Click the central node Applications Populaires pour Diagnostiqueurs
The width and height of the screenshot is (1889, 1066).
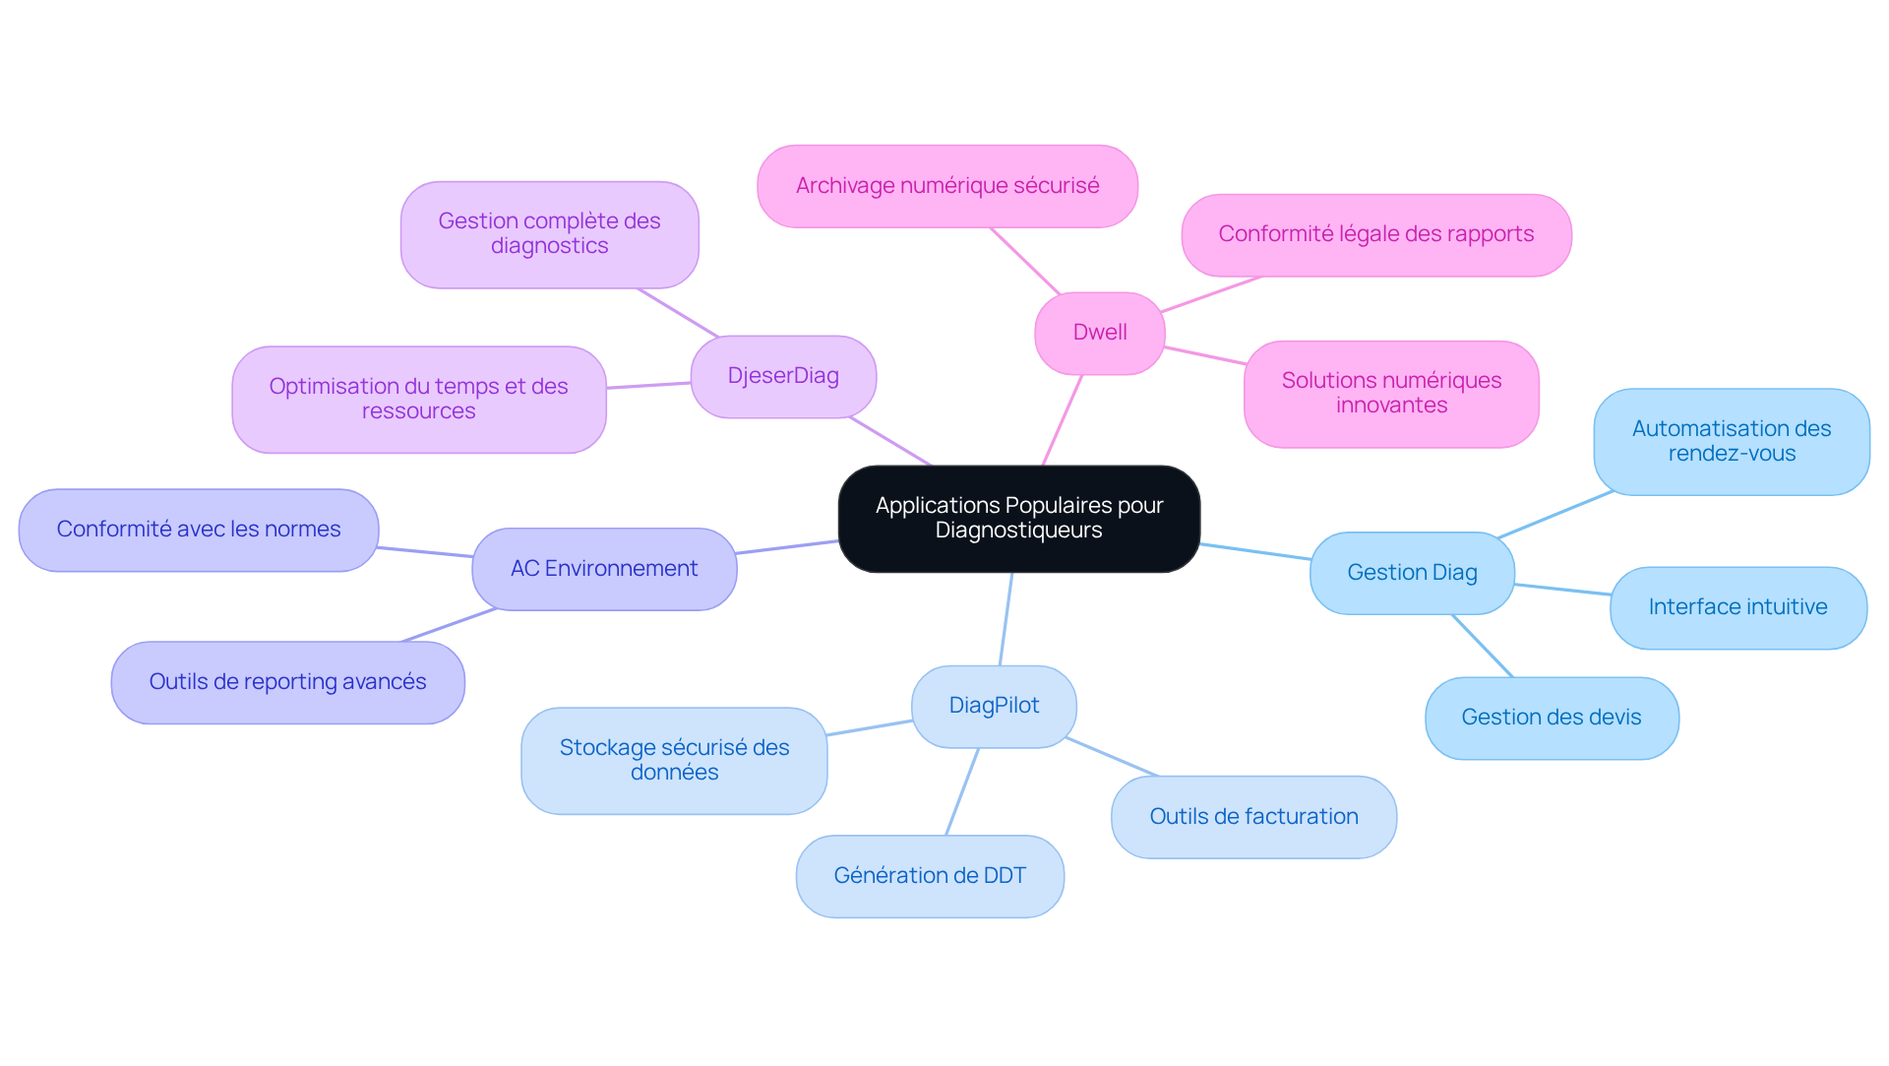tap(1018, 519)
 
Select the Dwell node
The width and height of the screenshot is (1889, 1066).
tap(1100, 333)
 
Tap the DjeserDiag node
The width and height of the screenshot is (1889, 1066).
tap(783, 376)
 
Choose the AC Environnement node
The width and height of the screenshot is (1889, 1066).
tap(604, 569)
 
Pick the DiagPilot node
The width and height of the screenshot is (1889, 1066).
tap(994, 706)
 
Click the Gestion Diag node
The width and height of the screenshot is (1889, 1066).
tap(1412, 573)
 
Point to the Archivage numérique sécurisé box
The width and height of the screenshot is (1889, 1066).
tap(947, 186)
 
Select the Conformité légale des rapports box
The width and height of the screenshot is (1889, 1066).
tap(1376, 234)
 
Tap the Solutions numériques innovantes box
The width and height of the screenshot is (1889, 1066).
tap(1391, 394)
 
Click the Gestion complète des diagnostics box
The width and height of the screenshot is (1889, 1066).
tap(549, 234)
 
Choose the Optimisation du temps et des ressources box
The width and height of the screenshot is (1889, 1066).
tap(419, 399)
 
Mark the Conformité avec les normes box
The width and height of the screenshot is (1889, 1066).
tap(199, 530)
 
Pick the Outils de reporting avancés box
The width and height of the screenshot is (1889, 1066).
tap(287, 682)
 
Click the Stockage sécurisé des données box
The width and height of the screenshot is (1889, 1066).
tap(674, 760)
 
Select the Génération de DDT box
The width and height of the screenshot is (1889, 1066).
tap(930, 876)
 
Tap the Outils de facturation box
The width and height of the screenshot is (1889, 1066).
tap(1253, 817)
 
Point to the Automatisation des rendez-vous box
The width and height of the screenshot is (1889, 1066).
tap(1732, 441)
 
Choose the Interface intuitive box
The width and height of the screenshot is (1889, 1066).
tap(1738, 607)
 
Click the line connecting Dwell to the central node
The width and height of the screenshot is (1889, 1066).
tap(1062, 420)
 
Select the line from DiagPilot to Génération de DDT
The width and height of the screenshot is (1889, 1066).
tap(962, 791)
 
